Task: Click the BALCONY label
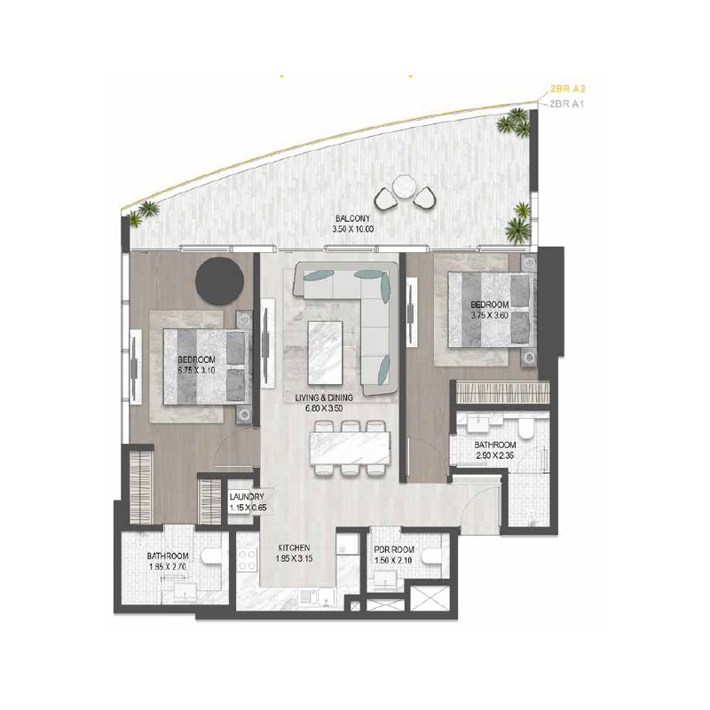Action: point(352,218)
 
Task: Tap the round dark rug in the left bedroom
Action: point(219,280)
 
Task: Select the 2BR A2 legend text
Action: point(564,89)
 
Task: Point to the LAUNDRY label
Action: point(247,497)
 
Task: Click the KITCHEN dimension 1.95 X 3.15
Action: point(294,559)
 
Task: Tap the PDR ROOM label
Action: point(394,549)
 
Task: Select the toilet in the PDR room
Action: point(431,556)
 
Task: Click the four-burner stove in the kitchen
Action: point(248,559)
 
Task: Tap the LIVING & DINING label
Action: point(324,398)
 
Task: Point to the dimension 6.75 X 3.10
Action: point(196,370)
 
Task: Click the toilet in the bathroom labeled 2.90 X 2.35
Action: point(526,429)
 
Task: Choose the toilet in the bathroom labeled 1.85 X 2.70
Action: point(210,556)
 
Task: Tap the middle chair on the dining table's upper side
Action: point(350,426)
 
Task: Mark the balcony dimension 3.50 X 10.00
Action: point(352,229)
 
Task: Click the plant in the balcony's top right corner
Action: point(515,122)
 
